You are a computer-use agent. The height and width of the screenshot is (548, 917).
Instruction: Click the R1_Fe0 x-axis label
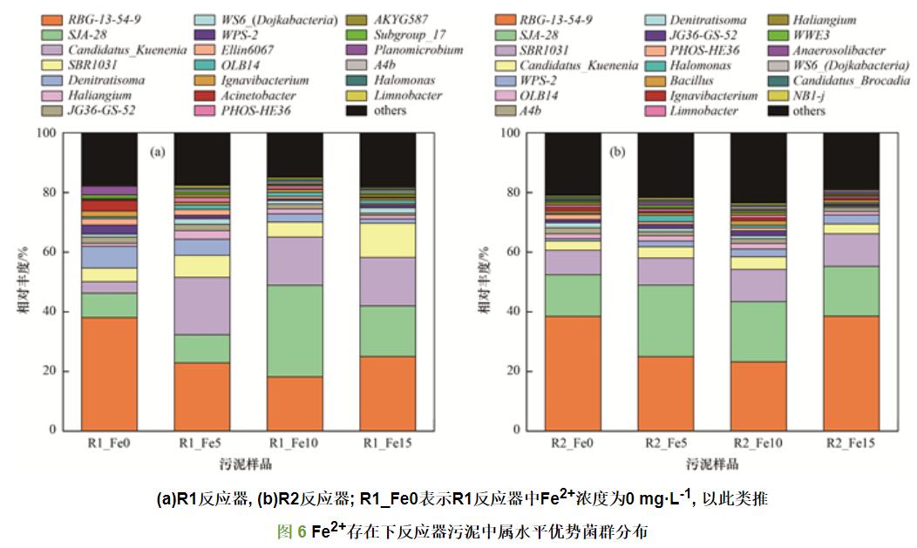coord(109,444)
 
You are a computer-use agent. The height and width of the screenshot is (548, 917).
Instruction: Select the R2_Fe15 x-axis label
coord(851,444)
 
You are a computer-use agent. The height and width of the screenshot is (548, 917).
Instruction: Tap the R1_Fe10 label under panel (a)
coord(295,444)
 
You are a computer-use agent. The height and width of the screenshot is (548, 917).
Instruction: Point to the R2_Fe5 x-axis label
coord(665,444)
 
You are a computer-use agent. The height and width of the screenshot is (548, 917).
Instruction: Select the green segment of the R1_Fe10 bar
coord(295,331)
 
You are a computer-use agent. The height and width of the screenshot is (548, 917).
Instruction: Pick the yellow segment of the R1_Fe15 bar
coord(388,240)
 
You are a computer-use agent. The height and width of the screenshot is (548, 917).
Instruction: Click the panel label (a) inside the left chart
coord(157,152)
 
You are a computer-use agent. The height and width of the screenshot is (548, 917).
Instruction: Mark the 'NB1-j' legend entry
coord(808,95)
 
